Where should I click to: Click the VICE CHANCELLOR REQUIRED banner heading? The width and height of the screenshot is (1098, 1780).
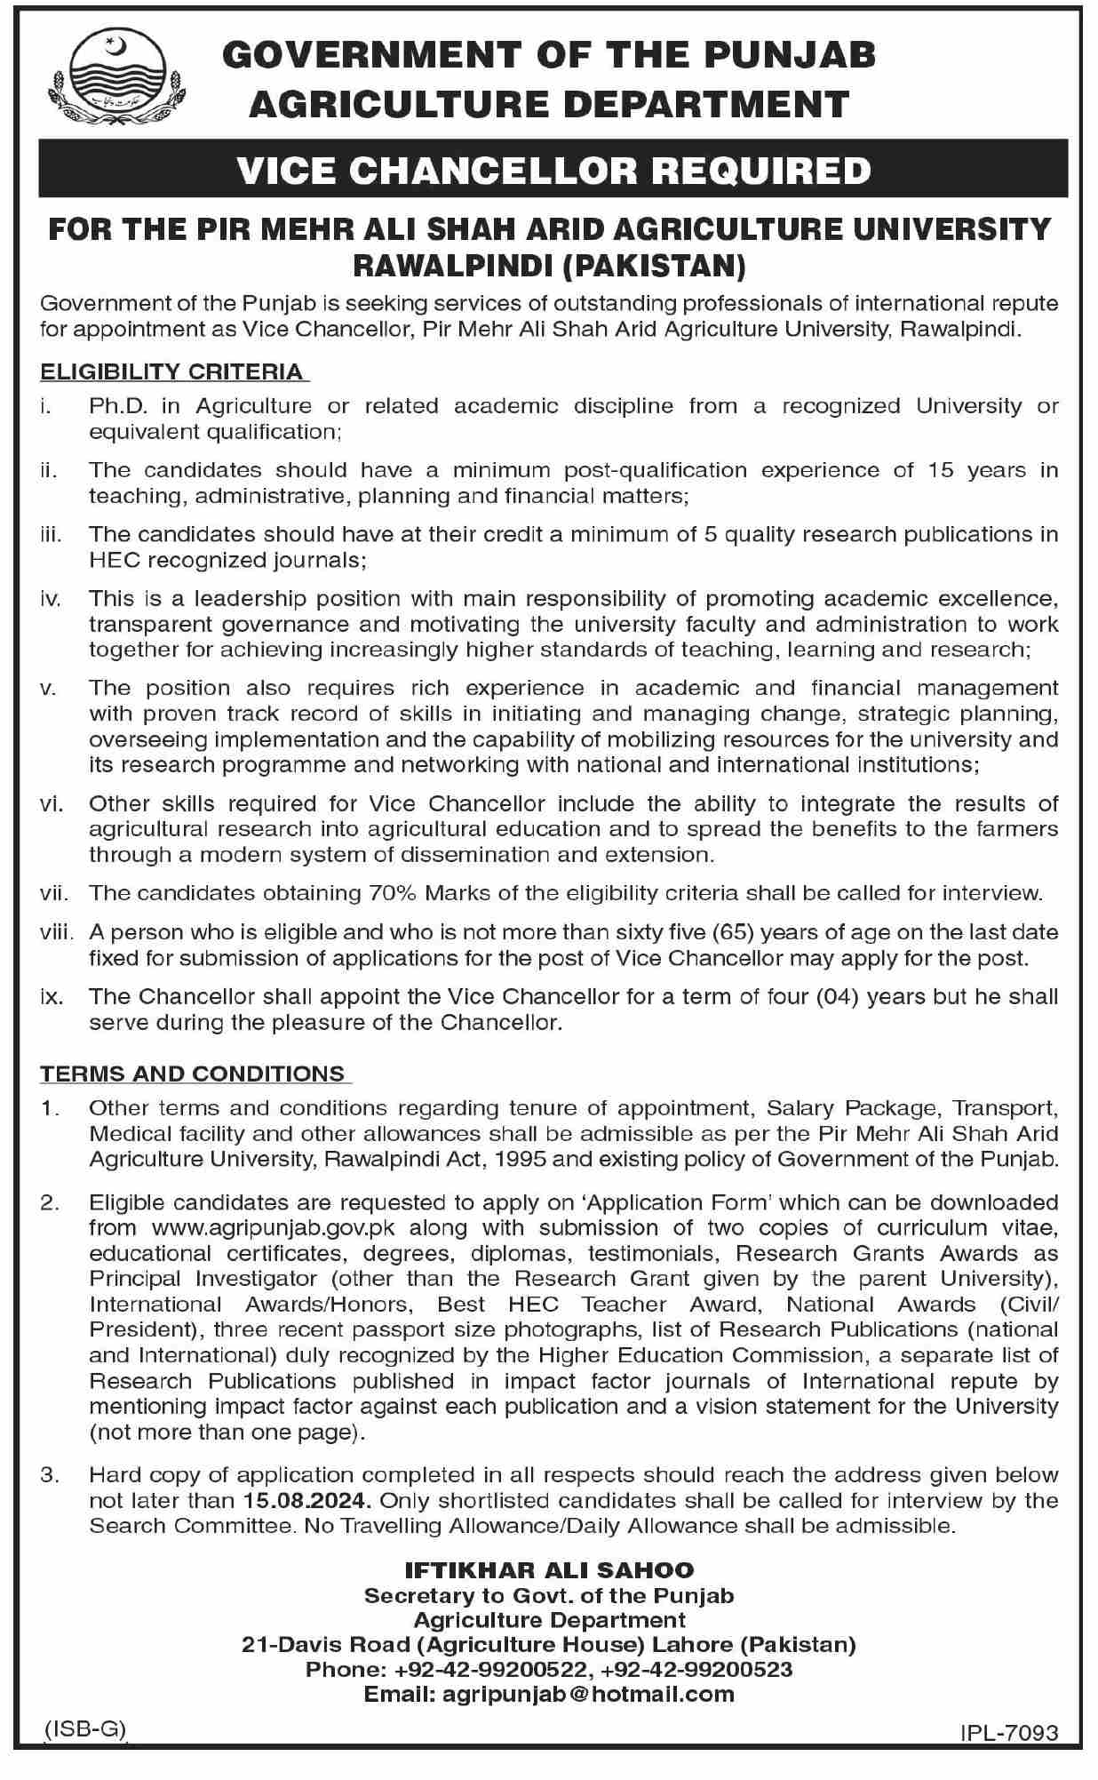[553, 170]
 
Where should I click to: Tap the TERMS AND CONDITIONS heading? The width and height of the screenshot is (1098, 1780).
[192, 1074]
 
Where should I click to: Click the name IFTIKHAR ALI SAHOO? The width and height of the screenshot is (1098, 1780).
[549, 1571]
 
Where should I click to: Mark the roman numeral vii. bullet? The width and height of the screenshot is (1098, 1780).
[53, 893]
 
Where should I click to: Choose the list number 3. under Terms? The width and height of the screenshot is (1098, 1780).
[49, 1475]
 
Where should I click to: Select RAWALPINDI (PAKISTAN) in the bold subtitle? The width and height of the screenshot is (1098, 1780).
[549, 264]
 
